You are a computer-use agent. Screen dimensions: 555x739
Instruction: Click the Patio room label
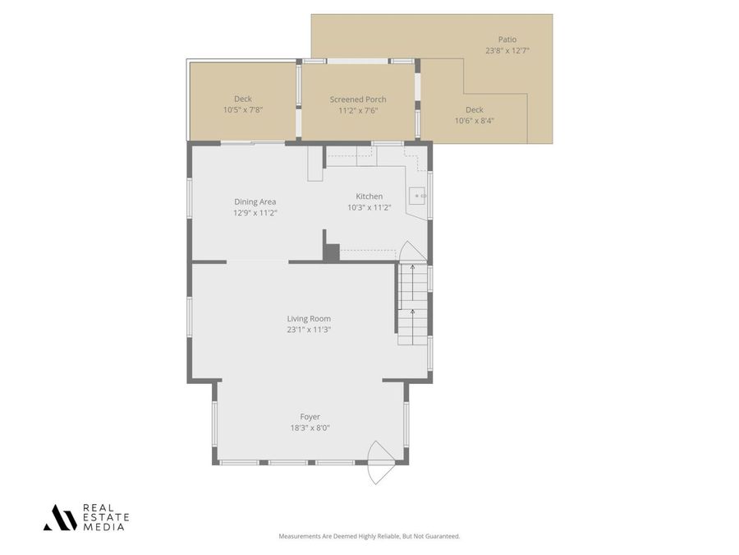(x=507, y=39)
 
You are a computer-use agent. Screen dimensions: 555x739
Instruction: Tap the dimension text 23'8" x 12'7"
(x=507, y=50)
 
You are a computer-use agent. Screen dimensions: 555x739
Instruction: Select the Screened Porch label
(x=358, y=99)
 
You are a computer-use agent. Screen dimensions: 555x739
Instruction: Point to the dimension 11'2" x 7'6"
(x=358, y=110)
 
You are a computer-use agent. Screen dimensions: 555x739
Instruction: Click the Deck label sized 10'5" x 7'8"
(x=243, y=99)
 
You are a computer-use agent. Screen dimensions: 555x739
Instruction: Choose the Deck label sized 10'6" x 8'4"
(x=475, y=109)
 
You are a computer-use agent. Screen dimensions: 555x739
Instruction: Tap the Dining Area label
(x=255, y=201)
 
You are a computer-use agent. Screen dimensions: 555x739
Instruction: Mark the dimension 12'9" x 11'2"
(x=255, y=212)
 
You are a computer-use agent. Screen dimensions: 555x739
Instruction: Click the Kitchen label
(x=369, y=197)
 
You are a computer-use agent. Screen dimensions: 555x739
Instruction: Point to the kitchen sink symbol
(x=418, y=196)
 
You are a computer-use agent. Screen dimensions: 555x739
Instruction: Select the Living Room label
(x=309, y=319)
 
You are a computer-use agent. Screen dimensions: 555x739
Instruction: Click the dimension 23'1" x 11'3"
(x=309, y=330)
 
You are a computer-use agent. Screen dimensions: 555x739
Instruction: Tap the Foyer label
(x=310, y=417)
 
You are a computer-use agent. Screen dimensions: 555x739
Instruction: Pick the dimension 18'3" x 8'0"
(x=310, y=428)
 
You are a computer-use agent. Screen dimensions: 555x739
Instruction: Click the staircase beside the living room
(x=413, y=304)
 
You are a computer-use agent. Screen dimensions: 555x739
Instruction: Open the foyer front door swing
(x=379, y=463)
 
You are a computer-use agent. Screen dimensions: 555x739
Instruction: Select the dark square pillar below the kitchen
(x=331, y=252)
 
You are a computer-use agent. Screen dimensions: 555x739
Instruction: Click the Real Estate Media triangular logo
(x=60, y=517)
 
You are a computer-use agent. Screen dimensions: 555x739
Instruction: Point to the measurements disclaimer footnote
(x=369, y=536)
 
